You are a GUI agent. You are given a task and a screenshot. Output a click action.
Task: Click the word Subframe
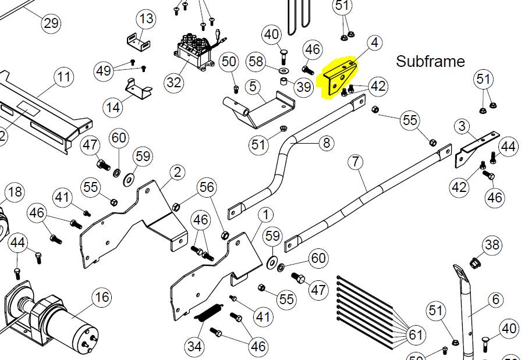[430, 61]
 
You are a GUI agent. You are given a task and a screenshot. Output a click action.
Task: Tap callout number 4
[374, 42]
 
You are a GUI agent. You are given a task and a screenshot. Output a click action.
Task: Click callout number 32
[174, 82]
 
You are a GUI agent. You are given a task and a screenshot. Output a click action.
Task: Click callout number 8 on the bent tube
[325, 142]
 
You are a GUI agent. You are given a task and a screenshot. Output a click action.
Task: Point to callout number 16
[102, 298]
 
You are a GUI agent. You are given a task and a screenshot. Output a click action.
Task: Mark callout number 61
[414, 335]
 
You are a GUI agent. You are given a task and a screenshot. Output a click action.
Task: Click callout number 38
[492, 245]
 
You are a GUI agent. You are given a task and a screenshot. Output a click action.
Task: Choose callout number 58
[257, 61]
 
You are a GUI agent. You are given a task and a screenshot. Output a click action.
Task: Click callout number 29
[51, 23]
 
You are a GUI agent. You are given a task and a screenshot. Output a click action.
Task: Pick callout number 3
[462, 126]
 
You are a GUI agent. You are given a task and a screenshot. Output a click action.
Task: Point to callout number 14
[113, 108]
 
